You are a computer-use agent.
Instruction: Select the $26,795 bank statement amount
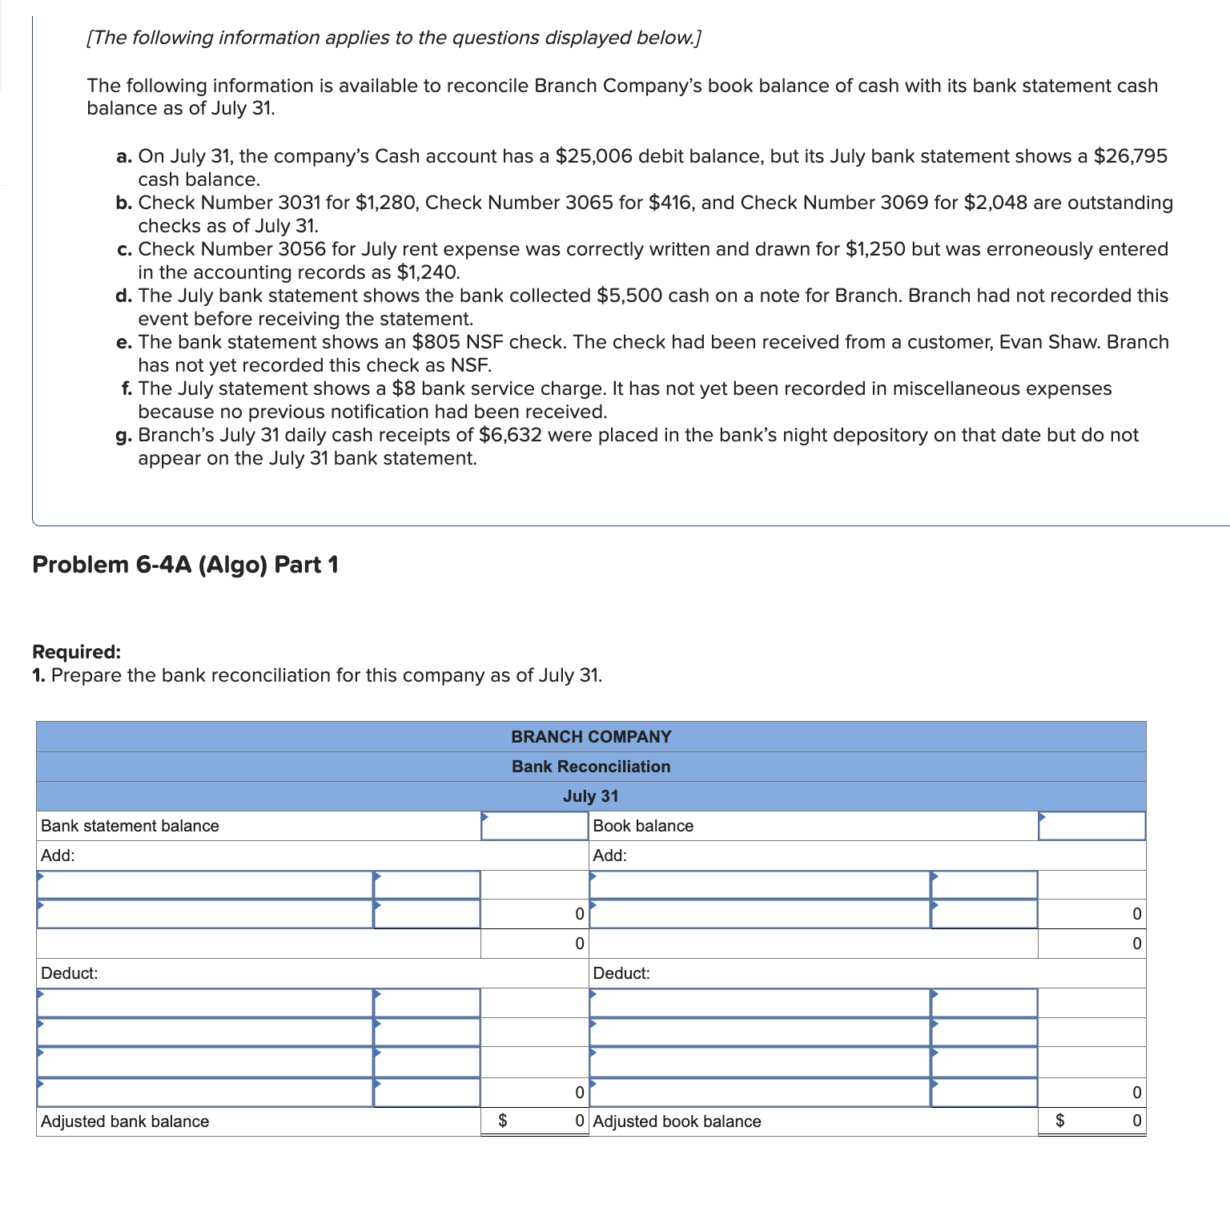1130,156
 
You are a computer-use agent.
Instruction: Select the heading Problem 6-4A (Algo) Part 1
185,565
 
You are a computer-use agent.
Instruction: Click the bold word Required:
76,652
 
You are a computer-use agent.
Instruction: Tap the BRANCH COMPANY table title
591,737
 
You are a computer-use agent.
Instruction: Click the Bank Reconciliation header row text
591,767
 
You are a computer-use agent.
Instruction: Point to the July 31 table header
591,796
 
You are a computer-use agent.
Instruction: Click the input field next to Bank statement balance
534,826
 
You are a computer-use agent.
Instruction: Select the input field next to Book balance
1091,826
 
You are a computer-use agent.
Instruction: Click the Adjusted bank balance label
125,1121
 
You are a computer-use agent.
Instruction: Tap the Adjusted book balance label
677,1121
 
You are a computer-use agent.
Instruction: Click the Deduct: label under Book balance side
621,973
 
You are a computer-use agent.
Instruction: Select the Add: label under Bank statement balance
58,856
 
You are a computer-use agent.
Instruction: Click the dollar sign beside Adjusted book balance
1060,1121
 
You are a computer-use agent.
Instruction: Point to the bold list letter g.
123,436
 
